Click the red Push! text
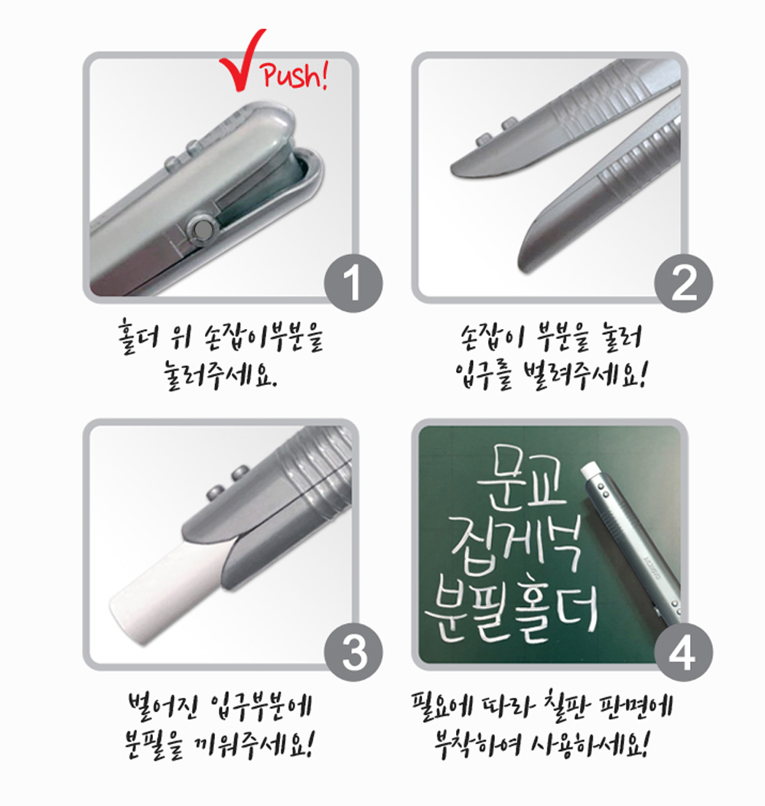[295, 76]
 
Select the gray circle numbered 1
[353, 283]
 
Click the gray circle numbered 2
[683, 283]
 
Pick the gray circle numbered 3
[353, 653]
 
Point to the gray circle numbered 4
[683, 653]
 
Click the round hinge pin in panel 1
[201, 230]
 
